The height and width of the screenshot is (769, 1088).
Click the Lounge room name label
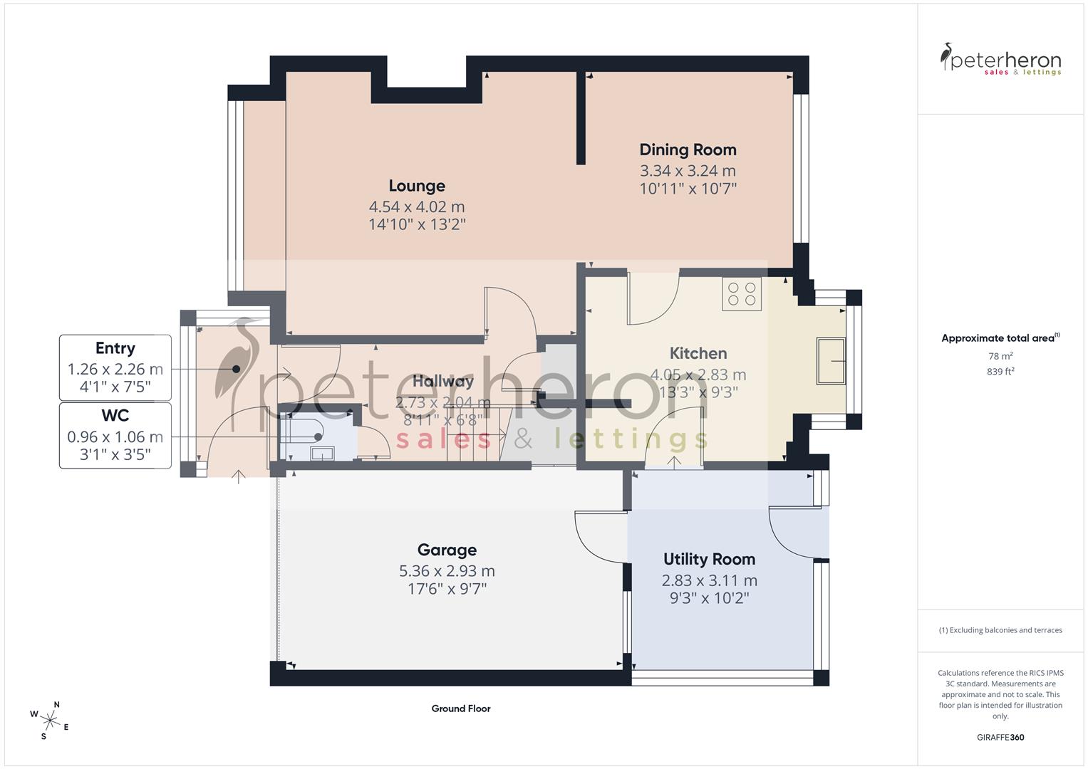[417, 186]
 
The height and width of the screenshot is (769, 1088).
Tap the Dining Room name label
[688, 150]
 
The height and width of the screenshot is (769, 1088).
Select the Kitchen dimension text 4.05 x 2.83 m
[698, 375]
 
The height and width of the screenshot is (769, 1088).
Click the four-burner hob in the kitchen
[742, 294]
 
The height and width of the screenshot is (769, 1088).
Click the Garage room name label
[447, 550]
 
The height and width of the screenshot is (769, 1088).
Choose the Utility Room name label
[709, 559]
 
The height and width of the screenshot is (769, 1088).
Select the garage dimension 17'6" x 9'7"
[447, 589]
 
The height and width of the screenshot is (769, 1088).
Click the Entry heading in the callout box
[115, 348]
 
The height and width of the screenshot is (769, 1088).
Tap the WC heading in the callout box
[115, 415]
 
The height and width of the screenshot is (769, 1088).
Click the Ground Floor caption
[461, 708]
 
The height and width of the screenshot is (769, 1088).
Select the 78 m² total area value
[1000, 356]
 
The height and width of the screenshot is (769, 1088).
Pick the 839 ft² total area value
[1000, 371]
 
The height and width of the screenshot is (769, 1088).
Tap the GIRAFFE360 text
[1000, 737]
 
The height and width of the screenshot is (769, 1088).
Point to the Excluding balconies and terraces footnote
[1000, 630]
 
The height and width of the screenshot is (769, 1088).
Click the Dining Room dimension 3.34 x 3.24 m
[688, 171]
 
